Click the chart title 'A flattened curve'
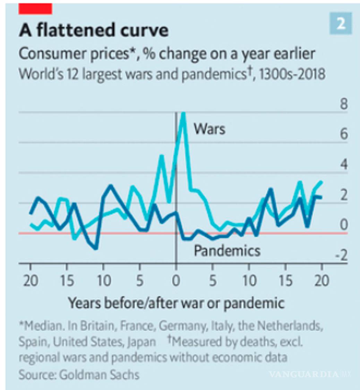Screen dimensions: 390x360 click(x=94, y=31)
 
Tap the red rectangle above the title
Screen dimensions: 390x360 click(x=35, y=9)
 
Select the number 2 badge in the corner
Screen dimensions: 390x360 click(x=341, y=23)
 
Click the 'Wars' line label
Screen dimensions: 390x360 click(x=209, y=129)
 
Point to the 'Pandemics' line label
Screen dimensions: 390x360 click(x=227, y=250)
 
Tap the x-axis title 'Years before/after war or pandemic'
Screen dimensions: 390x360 click(x=176, y=303)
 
